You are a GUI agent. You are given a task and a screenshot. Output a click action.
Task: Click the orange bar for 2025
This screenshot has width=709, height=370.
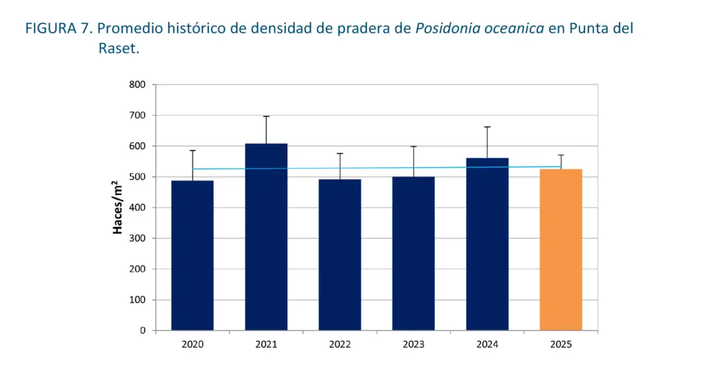(x=561, y=250)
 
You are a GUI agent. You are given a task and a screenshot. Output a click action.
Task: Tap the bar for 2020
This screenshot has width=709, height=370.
(x=192, y=255)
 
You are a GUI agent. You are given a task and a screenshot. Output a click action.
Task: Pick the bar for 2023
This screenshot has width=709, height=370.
(x=413, y=253)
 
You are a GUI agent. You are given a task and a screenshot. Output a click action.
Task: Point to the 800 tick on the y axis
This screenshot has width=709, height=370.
(x=137, y=85)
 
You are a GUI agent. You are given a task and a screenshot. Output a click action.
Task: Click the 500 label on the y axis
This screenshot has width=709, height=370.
(x=137, y=177)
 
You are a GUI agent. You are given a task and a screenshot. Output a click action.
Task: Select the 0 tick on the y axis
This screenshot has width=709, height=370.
(x=143, y=331)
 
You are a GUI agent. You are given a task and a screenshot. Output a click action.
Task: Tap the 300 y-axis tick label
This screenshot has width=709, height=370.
(x=137, y=239)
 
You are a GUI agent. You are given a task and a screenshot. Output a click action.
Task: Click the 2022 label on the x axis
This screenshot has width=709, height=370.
(x=340, y=344)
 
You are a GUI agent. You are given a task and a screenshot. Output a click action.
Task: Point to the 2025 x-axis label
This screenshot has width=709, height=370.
(x=561, y=344)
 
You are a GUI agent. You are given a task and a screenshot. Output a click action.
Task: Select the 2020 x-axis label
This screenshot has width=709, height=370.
(x=192, y=344)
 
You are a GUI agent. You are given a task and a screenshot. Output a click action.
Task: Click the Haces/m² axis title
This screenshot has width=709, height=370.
(x=118, y=207)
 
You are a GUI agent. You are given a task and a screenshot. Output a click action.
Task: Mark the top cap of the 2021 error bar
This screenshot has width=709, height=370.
(x=267, y=116)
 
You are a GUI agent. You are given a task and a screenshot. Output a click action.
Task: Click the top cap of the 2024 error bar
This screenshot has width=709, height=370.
(x=487, y=127)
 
